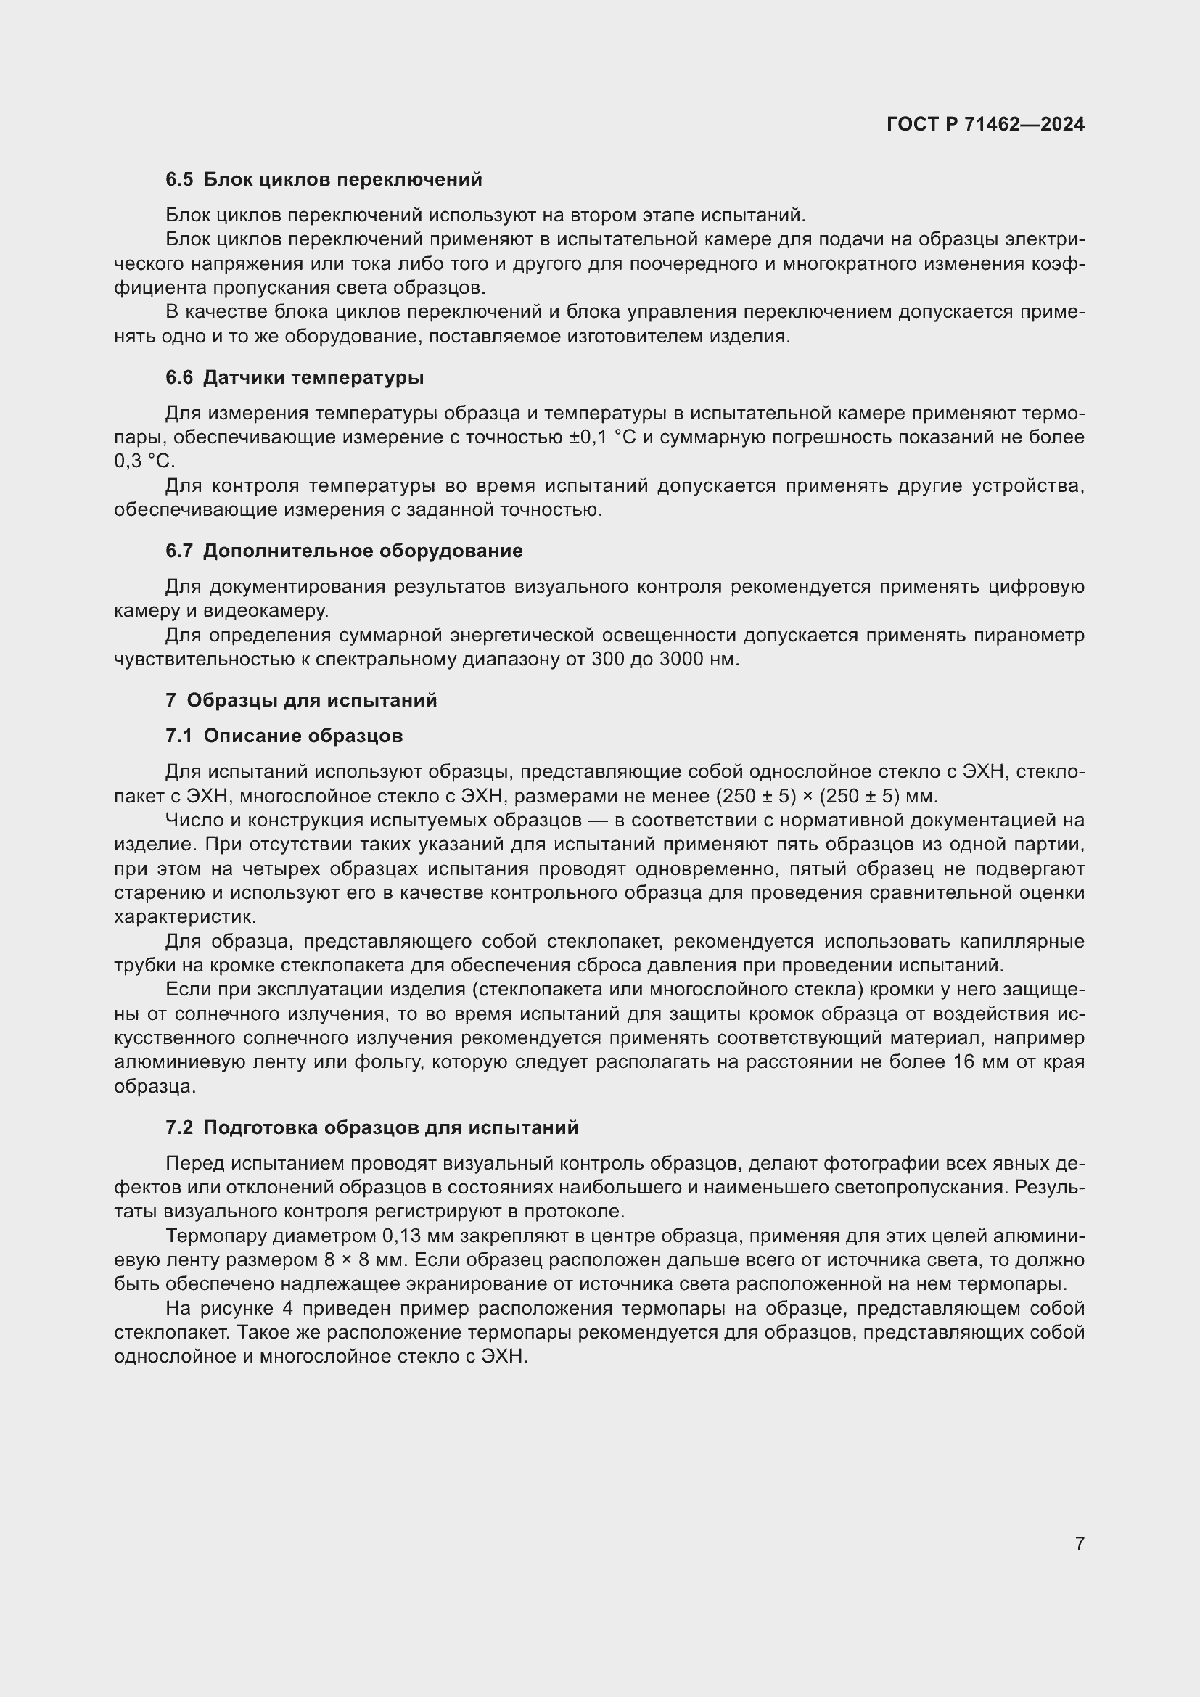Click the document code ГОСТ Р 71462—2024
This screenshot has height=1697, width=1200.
985,124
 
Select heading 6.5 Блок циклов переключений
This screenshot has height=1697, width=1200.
324,180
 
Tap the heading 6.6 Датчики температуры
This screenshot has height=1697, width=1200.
295,378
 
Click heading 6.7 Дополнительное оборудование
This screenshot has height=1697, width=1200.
344,551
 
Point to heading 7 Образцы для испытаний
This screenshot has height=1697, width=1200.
302,700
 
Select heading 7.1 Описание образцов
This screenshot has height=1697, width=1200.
284,736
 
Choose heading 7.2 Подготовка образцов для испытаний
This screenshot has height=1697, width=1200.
371,1127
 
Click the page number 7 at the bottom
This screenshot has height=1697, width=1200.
1080,1542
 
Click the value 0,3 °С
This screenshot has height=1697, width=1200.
144,461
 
